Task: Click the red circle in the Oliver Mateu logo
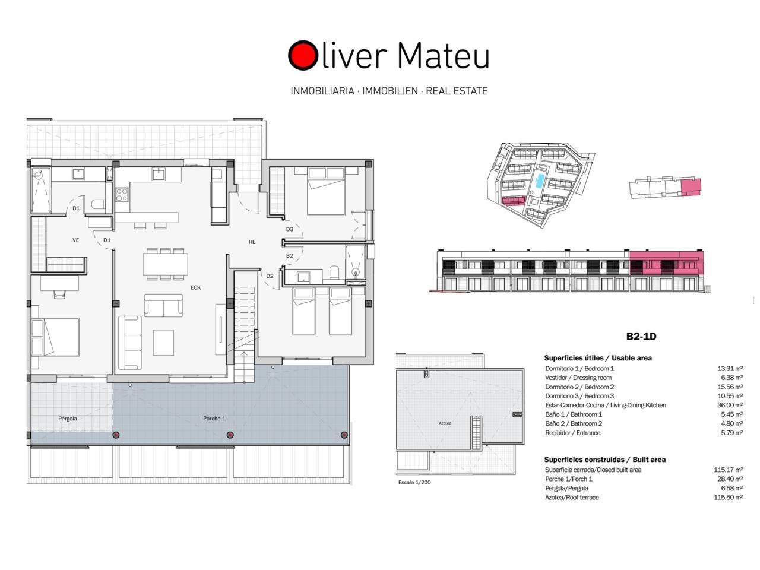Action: click(x=303, y=55)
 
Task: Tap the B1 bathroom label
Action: click(x=76, y=208)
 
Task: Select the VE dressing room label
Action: click(x=76, y=240)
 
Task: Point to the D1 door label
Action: click(x=107, y=240)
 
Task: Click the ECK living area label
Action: click(x=195, y=287)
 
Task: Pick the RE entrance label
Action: click(x=252, y=242)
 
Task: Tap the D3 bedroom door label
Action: click(x=290, y=229)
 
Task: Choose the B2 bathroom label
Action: click(x=290, y=256)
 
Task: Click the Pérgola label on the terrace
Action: click(x=68, y=419)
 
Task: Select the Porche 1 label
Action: click(x=214, y=419)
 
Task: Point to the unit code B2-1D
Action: click(x=641, y=337)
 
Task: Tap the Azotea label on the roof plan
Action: click(x=445, y=423)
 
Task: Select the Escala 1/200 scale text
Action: click(x=414, y=482)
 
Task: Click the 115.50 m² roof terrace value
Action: click(x=728, y=498)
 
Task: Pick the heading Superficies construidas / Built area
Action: click(x=604, y=460)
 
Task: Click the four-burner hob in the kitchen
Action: click(x=122, y=195)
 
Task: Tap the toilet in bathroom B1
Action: click(x=98, y=204)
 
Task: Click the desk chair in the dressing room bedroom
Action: click(x=59, y=294)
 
